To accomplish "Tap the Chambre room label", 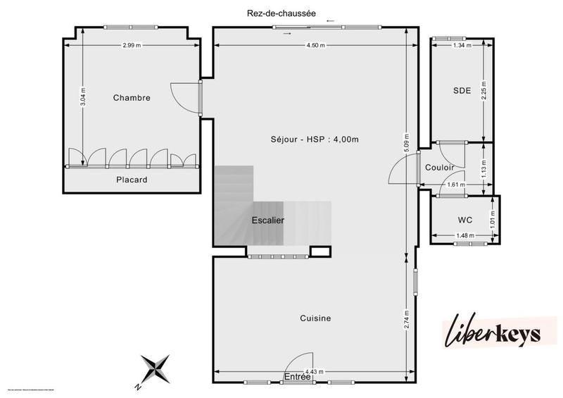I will tap(132, 98).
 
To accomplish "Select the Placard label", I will tap(132, 180).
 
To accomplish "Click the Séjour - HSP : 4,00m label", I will tap(314, 139).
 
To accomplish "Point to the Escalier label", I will tap(268, 220).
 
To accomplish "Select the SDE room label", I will tap(462, 90).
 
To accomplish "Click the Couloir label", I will tap(440, 168).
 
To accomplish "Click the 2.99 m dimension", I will tap(132, 46).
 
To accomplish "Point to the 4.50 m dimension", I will tap(315, 46).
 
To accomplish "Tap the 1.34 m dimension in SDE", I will tap(462, 46).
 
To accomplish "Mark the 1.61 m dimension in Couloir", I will tap(457, 186).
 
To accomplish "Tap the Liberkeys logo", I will tap(493, 332).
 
